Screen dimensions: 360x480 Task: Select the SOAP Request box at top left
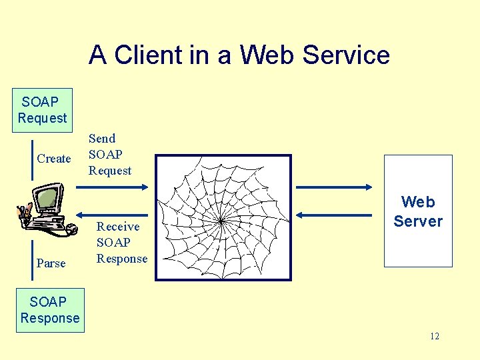(42, 110)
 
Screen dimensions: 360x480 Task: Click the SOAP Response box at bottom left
(49, 310)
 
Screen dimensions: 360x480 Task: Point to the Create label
(53, 159)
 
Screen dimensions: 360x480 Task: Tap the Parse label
(51, 263)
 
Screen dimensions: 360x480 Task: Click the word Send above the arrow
(102, 139)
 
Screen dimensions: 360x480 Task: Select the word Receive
(118, 227)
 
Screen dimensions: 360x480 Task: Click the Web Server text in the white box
(418, 211)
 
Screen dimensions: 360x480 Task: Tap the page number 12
(434, 336)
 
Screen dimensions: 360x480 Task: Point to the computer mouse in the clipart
(69, 231)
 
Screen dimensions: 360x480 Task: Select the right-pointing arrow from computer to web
(113, 187)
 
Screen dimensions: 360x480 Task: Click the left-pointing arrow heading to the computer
(113, 215)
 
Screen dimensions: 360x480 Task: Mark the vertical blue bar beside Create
(32, 160)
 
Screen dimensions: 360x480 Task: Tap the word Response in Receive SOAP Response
(122, 259)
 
